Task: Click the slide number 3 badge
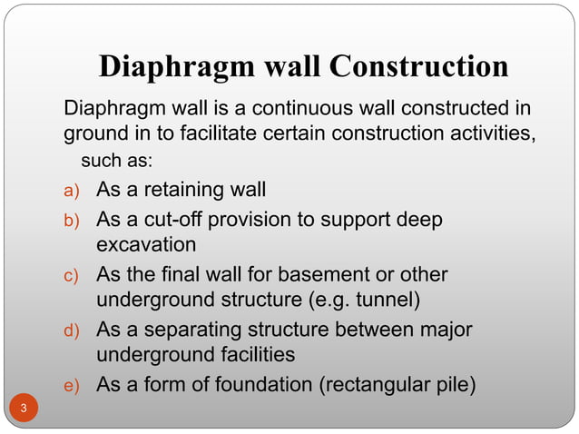[x=25, y=409]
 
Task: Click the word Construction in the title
[x=419, y=67]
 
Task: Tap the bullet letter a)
[x=72, y=192]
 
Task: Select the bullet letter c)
[x=72, y=276]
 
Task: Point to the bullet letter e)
[x=72, y=386]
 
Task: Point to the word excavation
[x=146, y=244]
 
